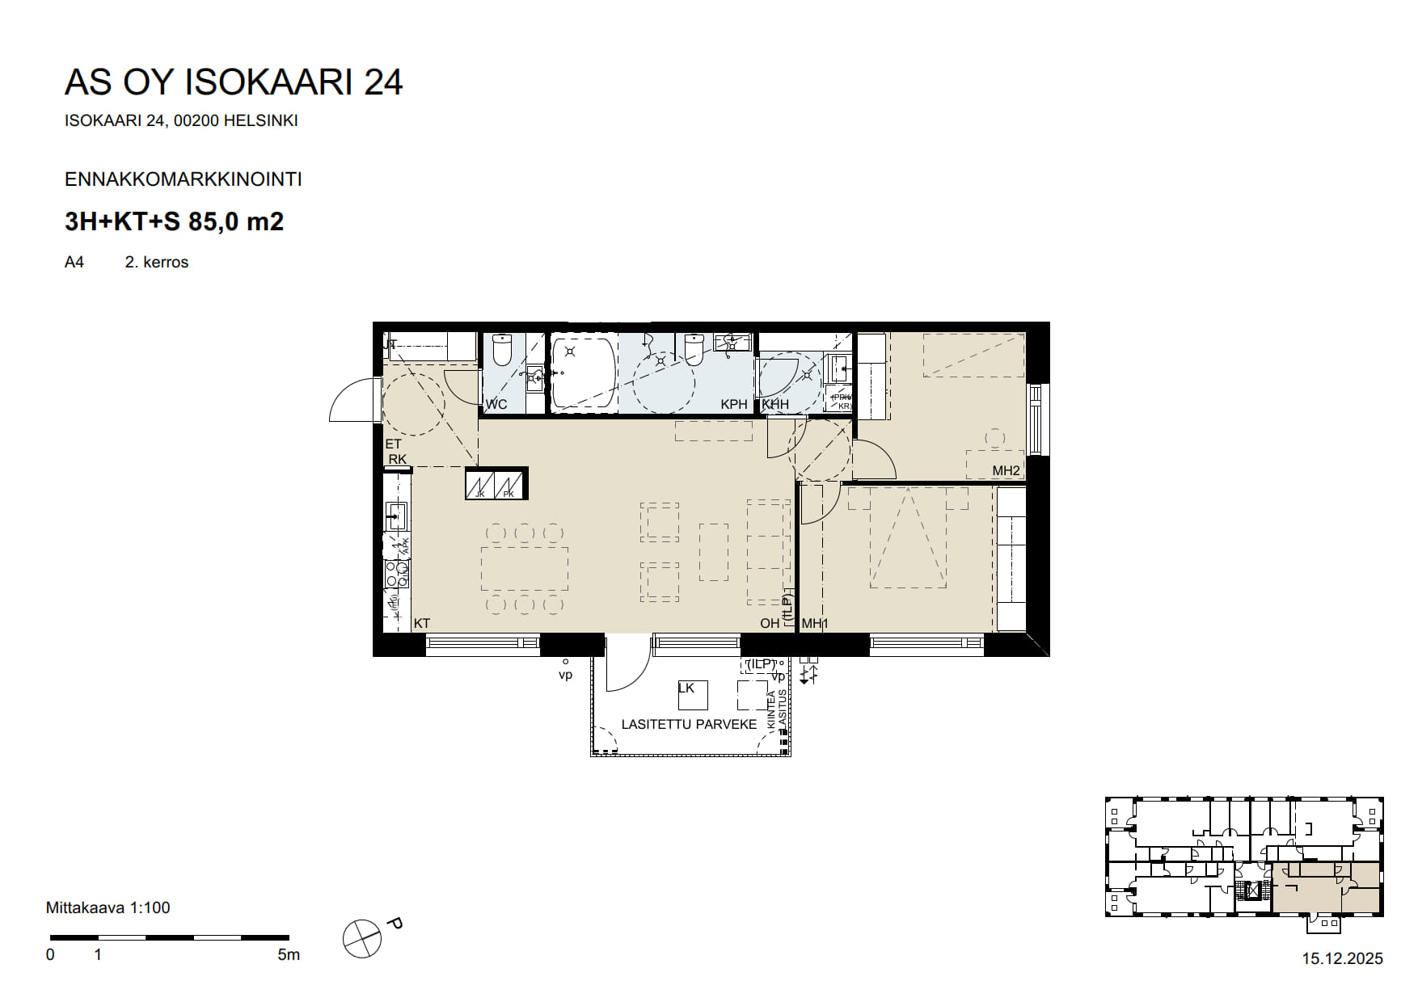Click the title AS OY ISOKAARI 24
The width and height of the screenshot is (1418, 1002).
pos(233,82)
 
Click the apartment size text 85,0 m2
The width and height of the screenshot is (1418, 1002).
pos(236,221)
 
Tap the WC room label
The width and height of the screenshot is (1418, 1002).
pos(496,404)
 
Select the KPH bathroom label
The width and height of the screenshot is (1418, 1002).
pos(734,404)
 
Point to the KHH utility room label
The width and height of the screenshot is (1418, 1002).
pos(775,404)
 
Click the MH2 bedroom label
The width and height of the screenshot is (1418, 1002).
pos(1006,470)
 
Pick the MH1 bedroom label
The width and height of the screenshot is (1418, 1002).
pos(815,623)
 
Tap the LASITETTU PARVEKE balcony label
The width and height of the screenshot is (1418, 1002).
pos(689,724)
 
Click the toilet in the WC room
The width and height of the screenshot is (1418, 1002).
pos(502,350)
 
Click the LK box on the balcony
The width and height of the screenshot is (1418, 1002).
pos(692,694)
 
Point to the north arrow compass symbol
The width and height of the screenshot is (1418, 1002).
pos(361,939)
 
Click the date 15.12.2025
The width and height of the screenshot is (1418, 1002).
pos(1342,958)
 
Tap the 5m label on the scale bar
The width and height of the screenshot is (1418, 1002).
pos(288,955)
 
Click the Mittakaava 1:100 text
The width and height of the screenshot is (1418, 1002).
pos(108,907)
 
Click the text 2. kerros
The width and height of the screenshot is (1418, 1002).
pos(156,262)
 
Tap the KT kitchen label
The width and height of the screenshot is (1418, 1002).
pos(421,623)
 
